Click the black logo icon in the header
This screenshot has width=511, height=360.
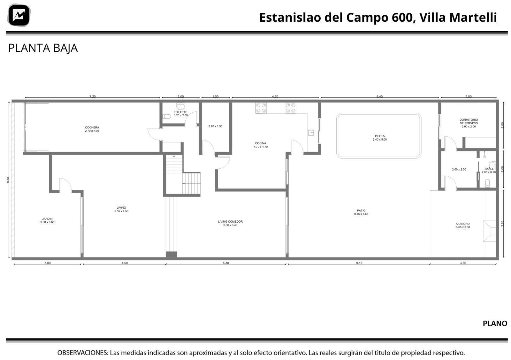(x=19, y=15)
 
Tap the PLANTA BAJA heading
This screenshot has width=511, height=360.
(x=43, y=48)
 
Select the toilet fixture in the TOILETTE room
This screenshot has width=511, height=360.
(x=167, y=116)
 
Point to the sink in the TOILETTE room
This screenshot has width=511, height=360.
(x=181, y=106)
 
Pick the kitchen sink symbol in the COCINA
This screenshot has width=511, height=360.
(x=311, y=133)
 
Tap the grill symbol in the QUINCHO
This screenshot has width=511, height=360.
(x=489, y=231)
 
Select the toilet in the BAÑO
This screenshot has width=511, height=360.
(x=487, y=183)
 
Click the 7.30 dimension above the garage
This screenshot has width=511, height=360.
(x=92, y=96)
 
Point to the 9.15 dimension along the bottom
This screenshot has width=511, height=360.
(x=359, y=263)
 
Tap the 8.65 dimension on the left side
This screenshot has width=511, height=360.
(x=8, y=180)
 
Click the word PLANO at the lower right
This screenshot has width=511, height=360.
(x=495, y=323)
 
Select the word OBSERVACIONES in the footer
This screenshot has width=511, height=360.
(x=83, y=353)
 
